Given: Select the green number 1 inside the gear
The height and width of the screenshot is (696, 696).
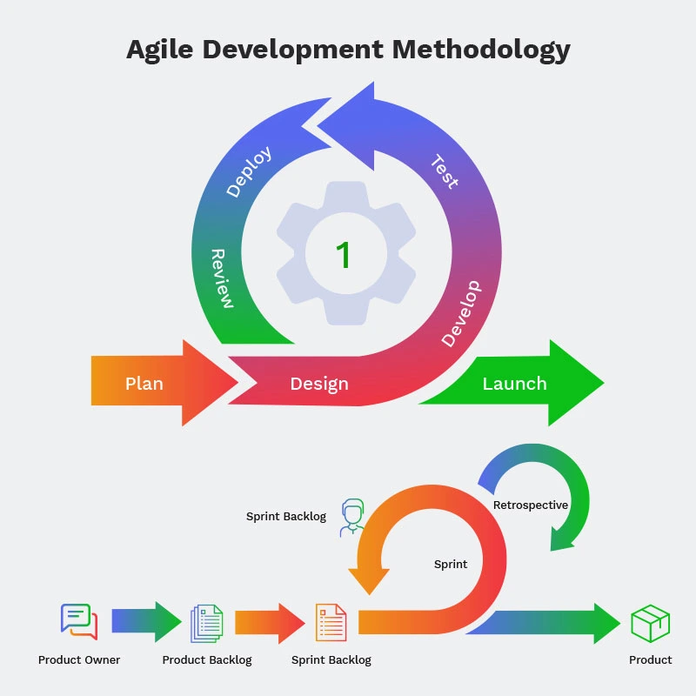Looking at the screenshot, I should (x=344, y=256).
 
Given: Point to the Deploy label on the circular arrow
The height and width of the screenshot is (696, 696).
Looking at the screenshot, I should (x=249, y=171).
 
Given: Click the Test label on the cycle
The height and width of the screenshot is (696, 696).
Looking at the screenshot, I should (x=444, y=171).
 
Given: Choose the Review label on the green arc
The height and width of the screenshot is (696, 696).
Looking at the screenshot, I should (x=222, y=278).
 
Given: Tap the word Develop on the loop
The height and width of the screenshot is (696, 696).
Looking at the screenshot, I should (x=460, y=313).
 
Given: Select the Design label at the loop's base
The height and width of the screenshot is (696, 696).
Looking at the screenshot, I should (x=319, y=384).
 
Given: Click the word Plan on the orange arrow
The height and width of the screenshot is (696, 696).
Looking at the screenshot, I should (x=144, y=384).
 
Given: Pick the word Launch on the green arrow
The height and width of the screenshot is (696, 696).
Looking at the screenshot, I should (x=514, y=384).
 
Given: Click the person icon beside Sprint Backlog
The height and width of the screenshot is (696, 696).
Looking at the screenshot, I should (x=352, y=517).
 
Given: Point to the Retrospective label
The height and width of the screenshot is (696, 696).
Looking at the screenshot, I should (x=531, y=505).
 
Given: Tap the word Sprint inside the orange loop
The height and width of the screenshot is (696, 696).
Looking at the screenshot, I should (x=451, y=564).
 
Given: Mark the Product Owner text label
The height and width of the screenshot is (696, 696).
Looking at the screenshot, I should (x=79, y=660).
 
